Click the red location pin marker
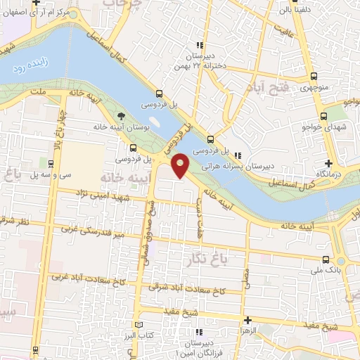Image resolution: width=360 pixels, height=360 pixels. coord(181,165)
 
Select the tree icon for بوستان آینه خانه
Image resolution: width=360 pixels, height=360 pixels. coord(122,116)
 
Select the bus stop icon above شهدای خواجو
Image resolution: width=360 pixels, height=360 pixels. coord(323,116)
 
